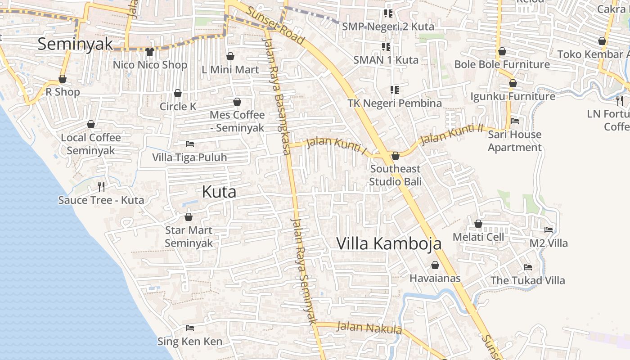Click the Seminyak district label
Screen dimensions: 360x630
point(75,44)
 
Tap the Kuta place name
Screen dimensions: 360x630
point(219,192)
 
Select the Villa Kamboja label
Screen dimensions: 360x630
point(389,243)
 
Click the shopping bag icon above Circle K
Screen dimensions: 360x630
point(178,93)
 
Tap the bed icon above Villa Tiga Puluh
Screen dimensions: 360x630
point(190,144)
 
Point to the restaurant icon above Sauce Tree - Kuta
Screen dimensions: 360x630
point(101,186)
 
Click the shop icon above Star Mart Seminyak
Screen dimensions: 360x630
point(189,217)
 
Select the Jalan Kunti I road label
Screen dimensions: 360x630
point(337,145)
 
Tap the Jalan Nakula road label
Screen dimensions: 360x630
point(369,328)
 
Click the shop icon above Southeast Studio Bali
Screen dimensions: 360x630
point(396,156)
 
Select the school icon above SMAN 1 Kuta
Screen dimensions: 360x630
point(386,46)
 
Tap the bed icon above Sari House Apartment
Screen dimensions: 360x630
point(515,121)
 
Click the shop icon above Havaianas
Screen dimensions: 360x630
point(435,265)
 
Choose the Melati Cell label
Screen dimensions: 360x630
point(478,237)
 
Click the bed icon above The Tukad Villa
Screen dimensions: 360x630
point(528,267)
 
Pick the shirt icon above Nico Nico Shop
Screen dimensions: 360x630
point(150,52)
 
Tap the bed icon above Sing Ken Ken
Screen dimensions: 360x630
point(190,328)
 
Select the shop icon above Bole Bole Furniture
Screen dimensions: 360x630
point(502,51)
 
